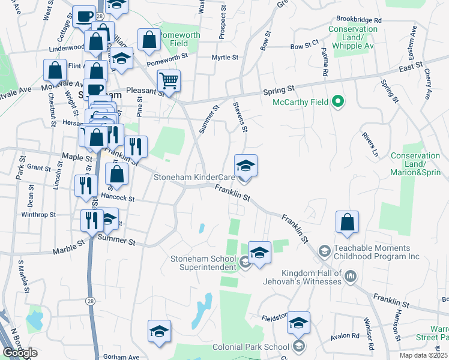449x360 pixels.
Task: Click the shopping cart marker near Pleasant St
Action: [x=169, y=80]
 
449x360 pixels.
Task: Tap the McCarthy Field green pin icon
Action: [x=337, y=102]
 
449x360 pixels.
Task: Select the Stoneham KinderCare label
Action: [x=194, y=177]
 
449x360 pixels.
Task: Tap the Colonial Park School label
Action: [x=259, y=347]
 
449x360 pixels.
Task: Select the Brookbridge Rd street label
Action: [x=359, y=20]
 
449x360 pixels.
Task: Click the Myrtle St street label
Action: [x=225, y=58]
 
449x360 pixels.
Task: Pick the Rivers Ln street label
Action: [x=370, y=145]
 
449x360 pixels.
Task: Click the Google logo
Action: [x=20, y=353]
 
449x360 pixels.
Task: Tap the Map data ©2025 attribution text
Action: [x=424, y=355]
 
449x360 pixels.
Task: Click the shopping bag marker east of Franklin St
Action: [x=347, y=223]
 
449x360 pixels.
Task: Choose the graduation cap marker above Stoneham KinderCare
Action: [x=246, y=166]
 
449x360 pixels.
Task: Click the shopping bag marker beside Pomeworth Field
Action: [x=149, y=41]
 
